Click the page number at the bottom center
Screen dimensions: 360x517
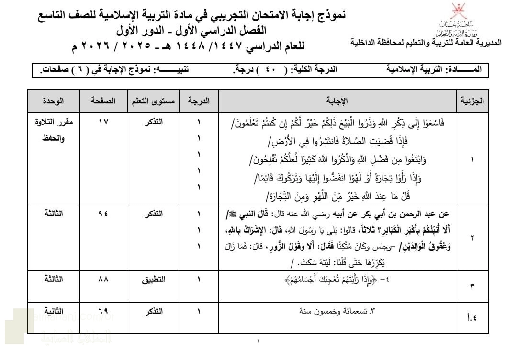(x=258, y=341)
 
